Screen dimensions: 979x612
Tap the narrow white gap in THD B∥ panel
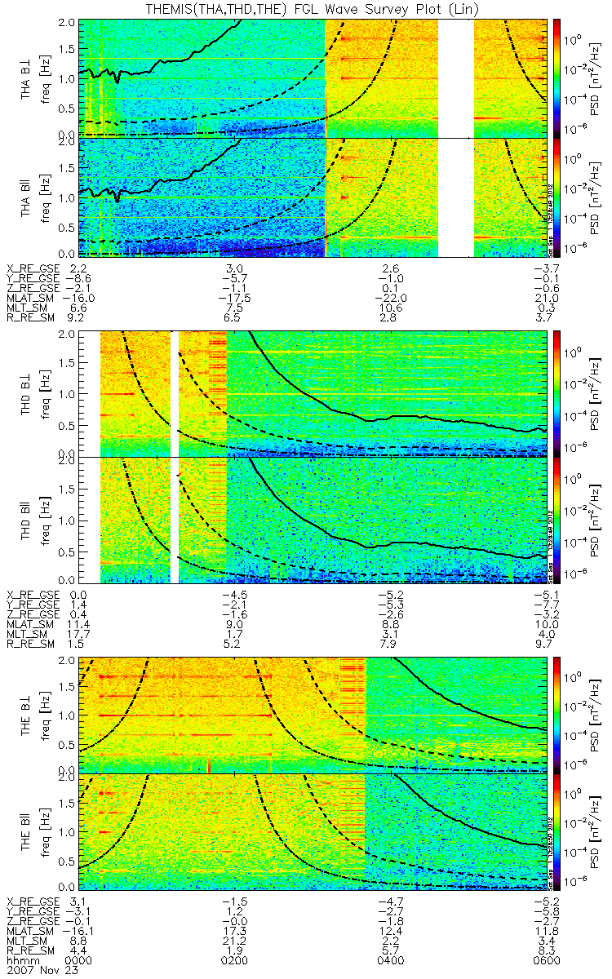point(174,520)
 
